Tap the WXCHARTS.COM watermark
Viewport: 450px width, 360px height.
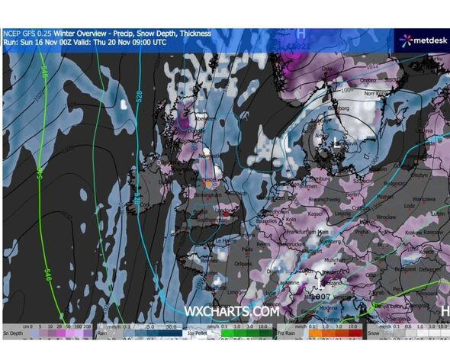(231, 311)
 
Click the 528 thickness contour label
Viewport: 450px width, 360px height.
(139, 97)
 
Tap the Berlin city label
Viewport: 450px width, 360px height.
(352, 195)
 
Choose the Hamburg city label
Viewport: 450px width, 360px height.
(320, 178)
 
